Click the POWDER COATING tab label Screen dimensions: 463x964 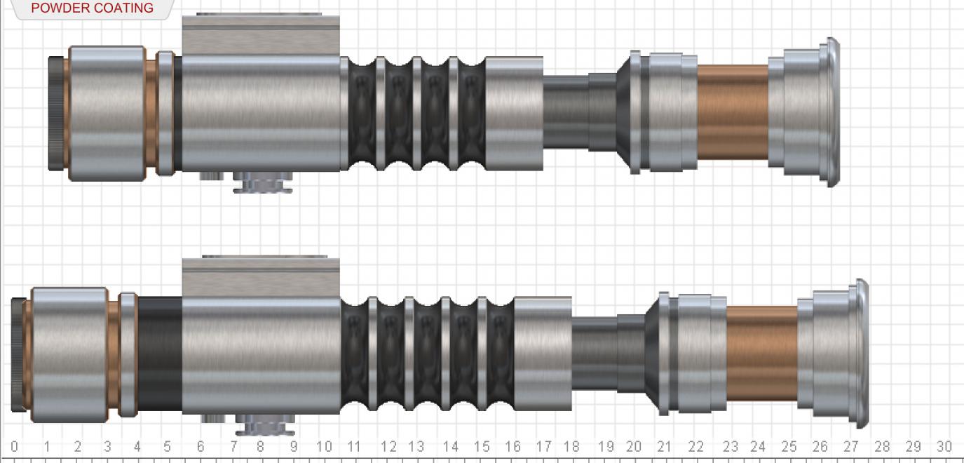point(92,8)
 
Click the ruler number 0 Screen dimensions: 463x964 point(14,447)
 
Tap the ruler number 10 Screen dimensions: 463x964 point(323,447)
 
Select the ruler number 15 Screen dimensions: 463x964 point(482,447)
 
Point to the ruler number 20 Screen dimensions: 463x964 point(634,447)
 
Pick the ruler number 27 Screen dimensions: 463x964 point(850,447)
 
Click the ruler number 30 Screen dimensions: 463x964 point(944,447)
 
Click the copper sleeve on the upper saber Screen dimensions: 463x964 point(733,112)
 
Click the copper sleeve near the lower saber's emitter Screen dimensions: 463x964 point(761,353)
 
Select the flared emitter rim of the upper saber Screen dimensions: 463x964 point(831,112)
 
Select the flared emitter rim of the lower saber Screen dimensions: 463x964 point(860,354)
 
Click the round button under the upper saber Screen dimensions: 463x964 point(262,184)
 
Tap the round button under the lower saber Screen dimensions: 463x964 point(264,424)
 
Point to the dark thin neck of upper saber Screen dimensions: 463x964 point(566,112)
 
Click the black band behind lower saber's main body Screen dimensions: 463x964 point(160,354)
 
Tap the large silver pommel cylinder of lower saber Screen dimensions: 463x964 point(69,354)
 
